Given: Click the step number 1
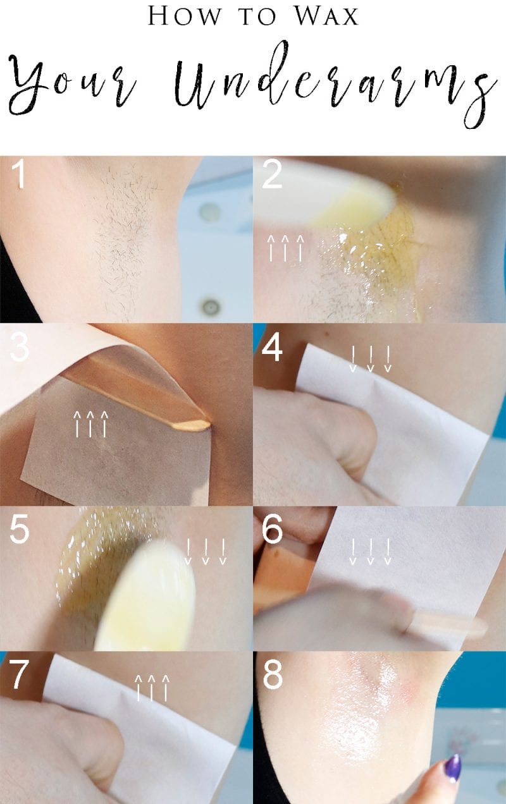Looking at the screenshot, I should point(20,175).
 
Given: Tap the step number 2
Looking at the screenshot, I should point(273,175).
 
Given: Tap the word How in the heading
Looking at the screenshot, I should point(183,16).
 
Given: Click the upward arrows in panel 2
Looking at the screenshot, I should point(286,247).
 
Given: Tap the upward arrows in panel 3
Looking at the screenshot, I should point(90,423).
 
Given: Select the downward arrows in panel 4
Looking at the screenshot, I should point(371,358).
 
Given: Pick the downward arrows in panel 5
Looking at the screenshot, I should point(205,551).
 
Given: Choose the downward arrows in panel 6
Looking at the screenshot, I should point(371,551).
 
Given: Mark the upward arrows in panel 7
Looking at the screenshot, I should point(152,687).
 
